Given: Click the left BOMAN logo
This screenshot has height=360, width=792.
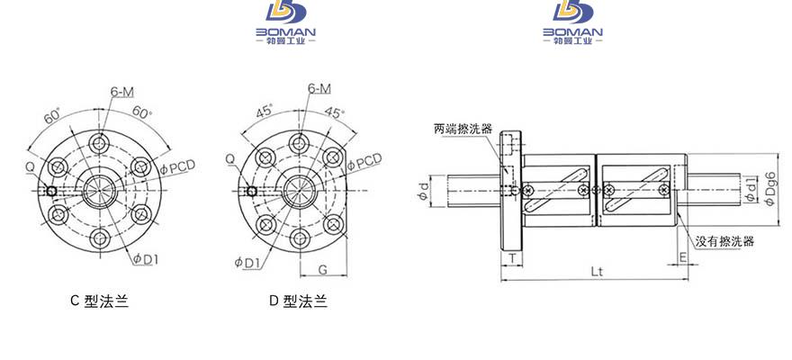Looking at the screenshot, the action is (285, 22).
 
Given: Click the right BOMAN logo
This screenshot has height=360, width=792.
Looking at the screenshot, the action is (572, 22).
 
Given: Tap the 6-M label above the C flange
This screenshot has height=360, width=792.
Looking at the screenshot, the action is (121, 92).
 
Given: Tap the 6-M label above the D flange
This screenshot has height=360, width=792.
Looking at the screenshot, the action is (319, 88).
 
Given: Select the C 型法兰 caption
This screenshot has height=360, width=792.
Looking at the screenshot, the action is (100, 301).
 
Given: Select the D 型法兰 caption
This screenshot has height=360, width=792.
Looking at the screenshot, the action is (298, 301).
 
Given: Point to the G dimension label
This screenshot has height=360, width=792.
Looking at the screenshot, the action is (323, 269).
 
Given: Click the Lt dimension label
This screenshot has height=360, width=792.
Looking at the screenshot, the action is (597, 271).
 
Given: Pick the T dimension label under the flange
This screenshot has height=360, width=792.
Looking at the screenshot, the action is (512, 258).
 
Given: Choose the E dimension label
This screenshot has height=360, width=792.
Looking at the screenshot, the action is (682, 257).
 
